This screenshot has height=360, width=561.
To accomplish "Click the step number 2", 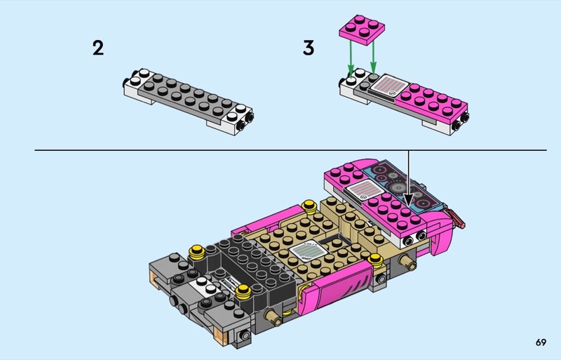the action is pos(98,48).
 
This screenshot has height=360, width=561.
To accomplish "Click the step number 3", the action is pos(309,48).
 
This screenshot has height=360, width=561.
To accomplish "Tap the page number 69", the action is pos(541,342).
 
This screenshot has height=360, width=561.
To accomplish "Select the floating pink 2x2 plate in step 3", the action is pos(362,30).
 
